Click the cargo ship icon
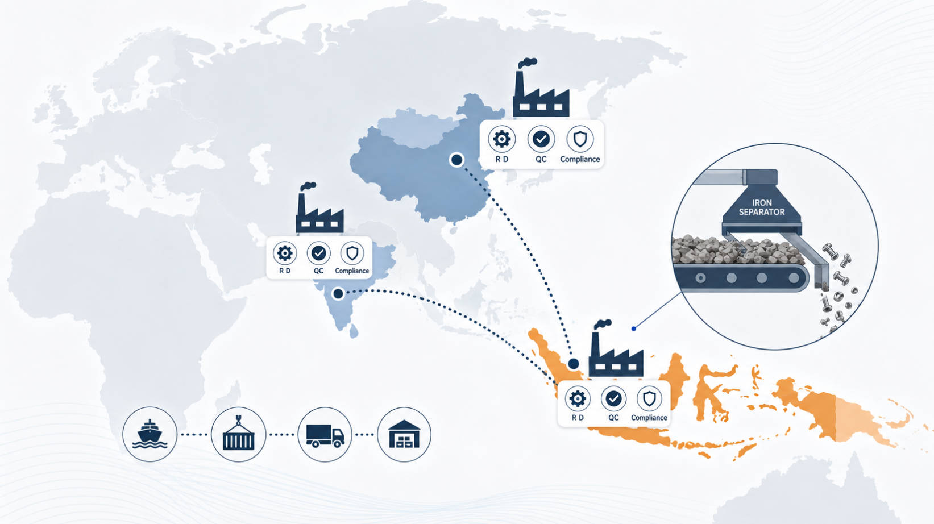[x=150, y=434]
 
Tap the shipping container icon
[x=239, y=434]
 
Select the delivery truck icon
[x=325, y=435]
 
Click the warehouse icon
[x=404, y=434]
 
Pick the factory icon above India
[x=319, y=207]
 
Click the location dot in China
[x=457, y=160]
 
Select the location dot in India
[x=338, y=294]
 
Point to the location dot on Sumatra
[x=574, y=364]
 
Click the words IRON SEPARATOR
[x=762, y=207]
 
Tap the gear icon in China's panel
[x=501, y=139]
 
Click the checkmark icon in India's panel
[x=318, y=253]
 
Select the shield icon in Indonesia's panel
[x=649, y=398]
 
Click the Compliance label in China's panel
[x=580, y=159]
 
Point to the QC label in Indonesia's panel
[x=613, y=417]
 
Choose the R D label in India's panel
[x=285, y=271]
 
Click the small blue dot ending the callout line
[x=634, y=329]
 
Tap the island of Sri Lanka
[x=354, y=331]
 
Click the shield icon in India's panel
[x=352, y=253]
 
